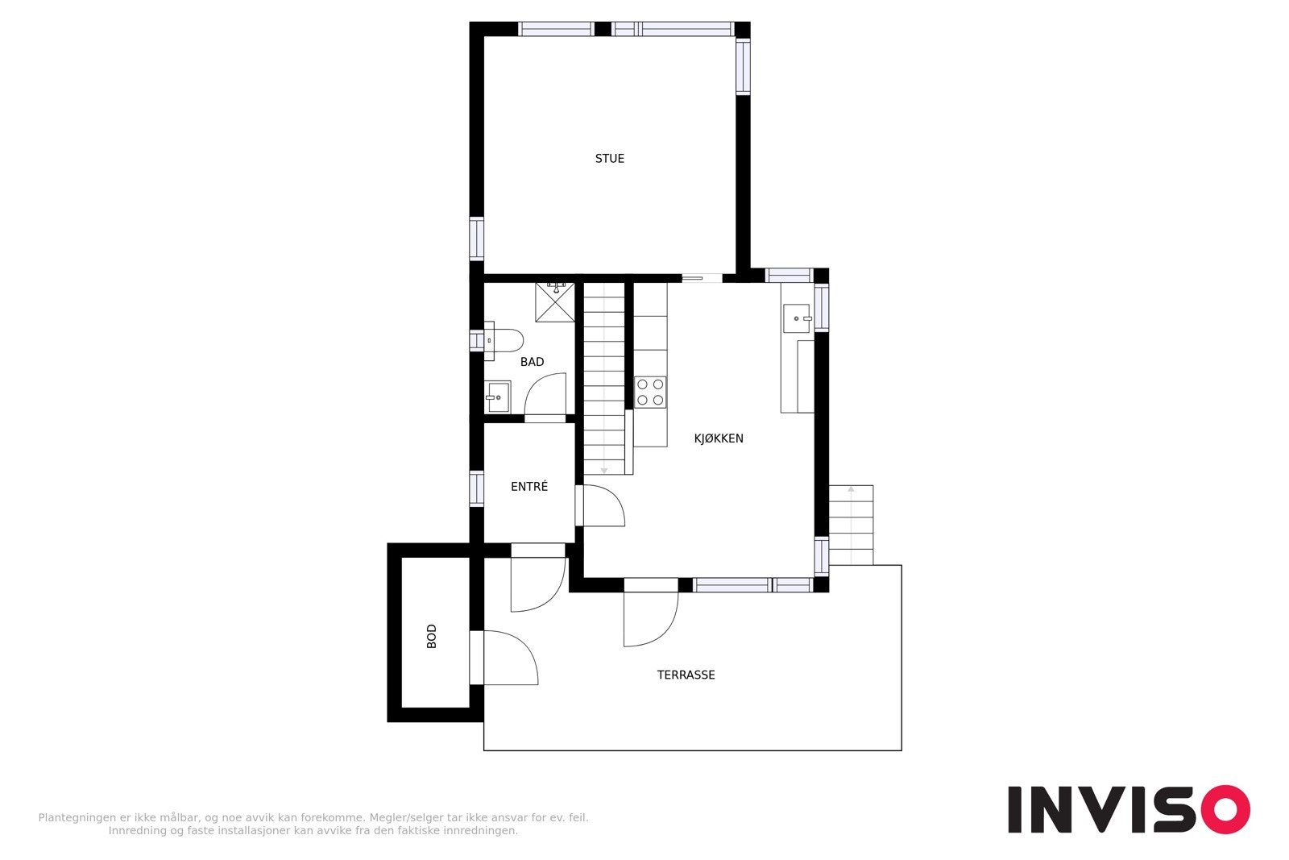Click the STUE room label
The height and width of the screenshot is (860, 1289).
[x=609, y=159]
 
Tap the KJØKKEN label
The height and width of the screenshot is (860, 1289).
[x=719, y=438]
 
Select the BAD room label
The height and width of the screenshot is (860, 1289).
[x=532, y=362]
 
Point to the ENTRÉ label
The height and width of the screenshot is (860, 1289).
[x=529, y=487]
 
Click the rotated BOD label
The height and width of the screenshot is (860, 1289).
[x=432, y=636]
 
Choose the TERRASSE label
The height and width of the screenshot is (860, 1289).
[x=686, y=675]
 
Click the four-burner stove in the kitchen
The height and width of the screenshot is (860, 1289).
[x=650, y=392]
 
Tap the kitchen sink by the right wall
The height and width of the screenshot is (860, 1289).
[x=797, y=318]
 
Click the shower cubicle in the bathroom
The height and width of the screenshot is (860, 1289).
[x=555, y=302]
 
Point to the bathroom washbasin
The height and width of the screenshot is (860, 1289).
[x=497, y=397]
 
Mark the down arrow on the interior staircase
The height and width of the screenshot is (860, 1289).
[x=604, y=468]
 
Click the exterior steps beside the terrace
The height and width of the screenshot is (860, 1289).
[x=851, y=524]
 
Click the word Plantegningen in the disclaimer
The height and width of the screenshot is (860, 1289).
[x=76, y=817]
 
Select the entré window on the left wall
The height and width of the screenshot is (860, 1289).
[x=476, y=488]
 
